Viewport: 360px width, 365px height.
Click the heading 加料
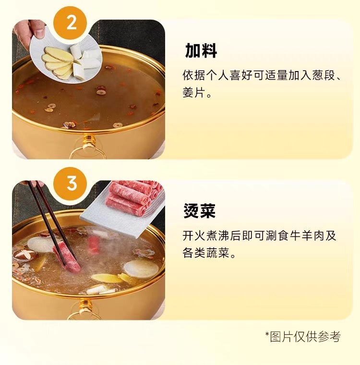[x=201, y=50]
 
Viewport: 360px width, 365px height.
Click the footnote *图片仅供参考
[x=302, y=337]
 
